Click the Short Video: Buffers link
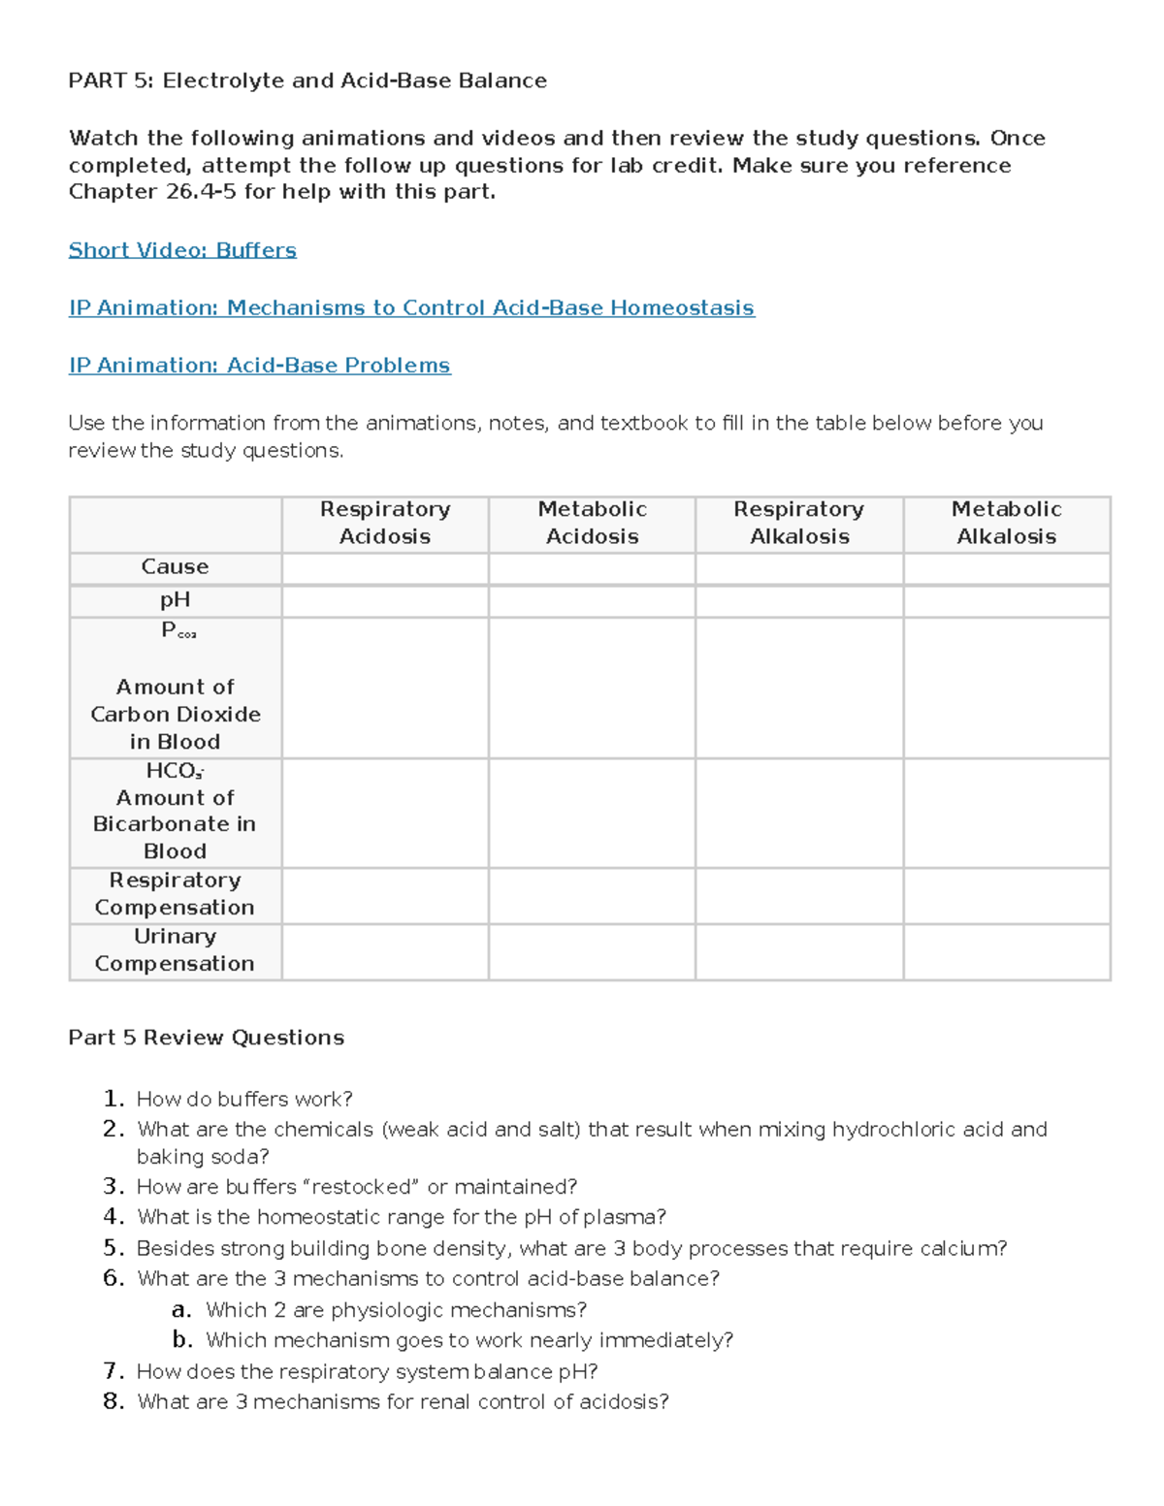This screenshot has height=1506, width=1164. tap(182, 250)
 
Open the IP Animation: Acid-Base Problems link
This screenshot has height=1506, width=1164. tap(259, 366)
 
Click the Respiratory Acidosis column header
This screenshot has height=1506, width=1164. tap(385, 523)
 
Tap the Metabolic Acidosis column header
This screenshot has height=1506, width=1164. tap(592, 523)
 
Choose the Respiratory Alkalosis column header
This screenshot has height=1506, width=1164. tap(798, 523)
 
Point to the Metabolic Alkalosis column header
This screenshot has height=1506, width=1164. tap(1006, 523)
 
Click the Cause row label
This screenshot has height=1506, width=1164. tap(175, 566)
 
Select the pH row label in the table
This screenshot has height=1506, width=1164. tap(175, 600)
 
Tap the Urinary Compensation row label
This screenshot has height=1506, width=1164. tap(175, 950)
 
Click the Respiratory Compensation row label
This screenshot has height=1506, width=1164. tap(175, 894)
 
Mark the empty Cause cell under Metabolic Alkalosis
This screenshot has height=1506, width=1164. tap(1006, 567)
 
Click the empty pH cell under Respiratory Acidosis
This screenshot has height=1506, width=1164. tap(385, 601)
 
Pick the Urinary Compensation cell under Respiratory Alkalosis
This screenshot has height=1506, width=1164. tap(798, 951)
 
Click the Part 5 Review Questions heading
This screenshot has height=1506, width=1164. tap(206, 1038)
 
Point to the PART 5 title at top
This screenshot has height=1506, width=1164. tap(307, 80)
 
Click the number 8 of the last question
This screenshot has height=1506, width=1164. tap(113, 1401)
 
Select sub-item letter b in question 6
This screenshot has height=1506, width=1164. tap(181, 1340)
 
